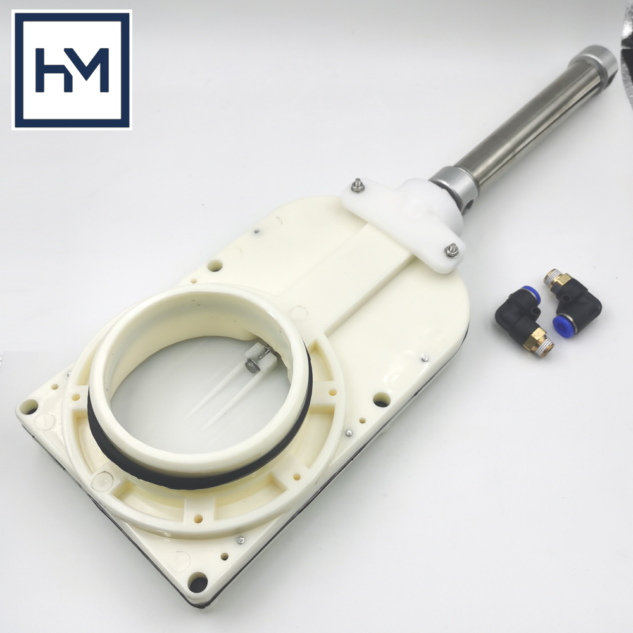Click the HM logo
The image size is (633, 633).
72,70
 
